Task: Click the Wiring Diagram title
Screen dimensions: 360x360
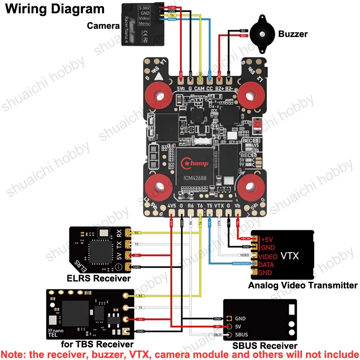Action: [54, 9]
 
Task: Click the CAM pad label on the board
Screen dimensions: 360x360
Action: [200, 89]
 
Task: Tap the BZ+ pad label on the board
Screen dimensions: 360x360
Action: [219, 89]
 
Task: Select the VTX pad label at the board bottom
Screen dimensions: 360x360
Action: [219, 207]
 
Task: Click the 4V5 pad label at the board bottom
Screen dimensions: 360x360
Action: [172, 207]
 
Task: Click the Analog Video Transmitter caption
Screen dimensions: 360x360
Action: [303, 285]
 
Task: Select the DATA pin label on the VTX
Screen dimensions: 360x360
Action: [268, 265]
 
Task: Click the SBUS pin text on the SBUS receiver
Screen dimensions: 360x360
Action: [241, 335]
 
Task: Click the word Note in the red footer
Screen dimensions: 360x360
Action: [14, 354]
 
